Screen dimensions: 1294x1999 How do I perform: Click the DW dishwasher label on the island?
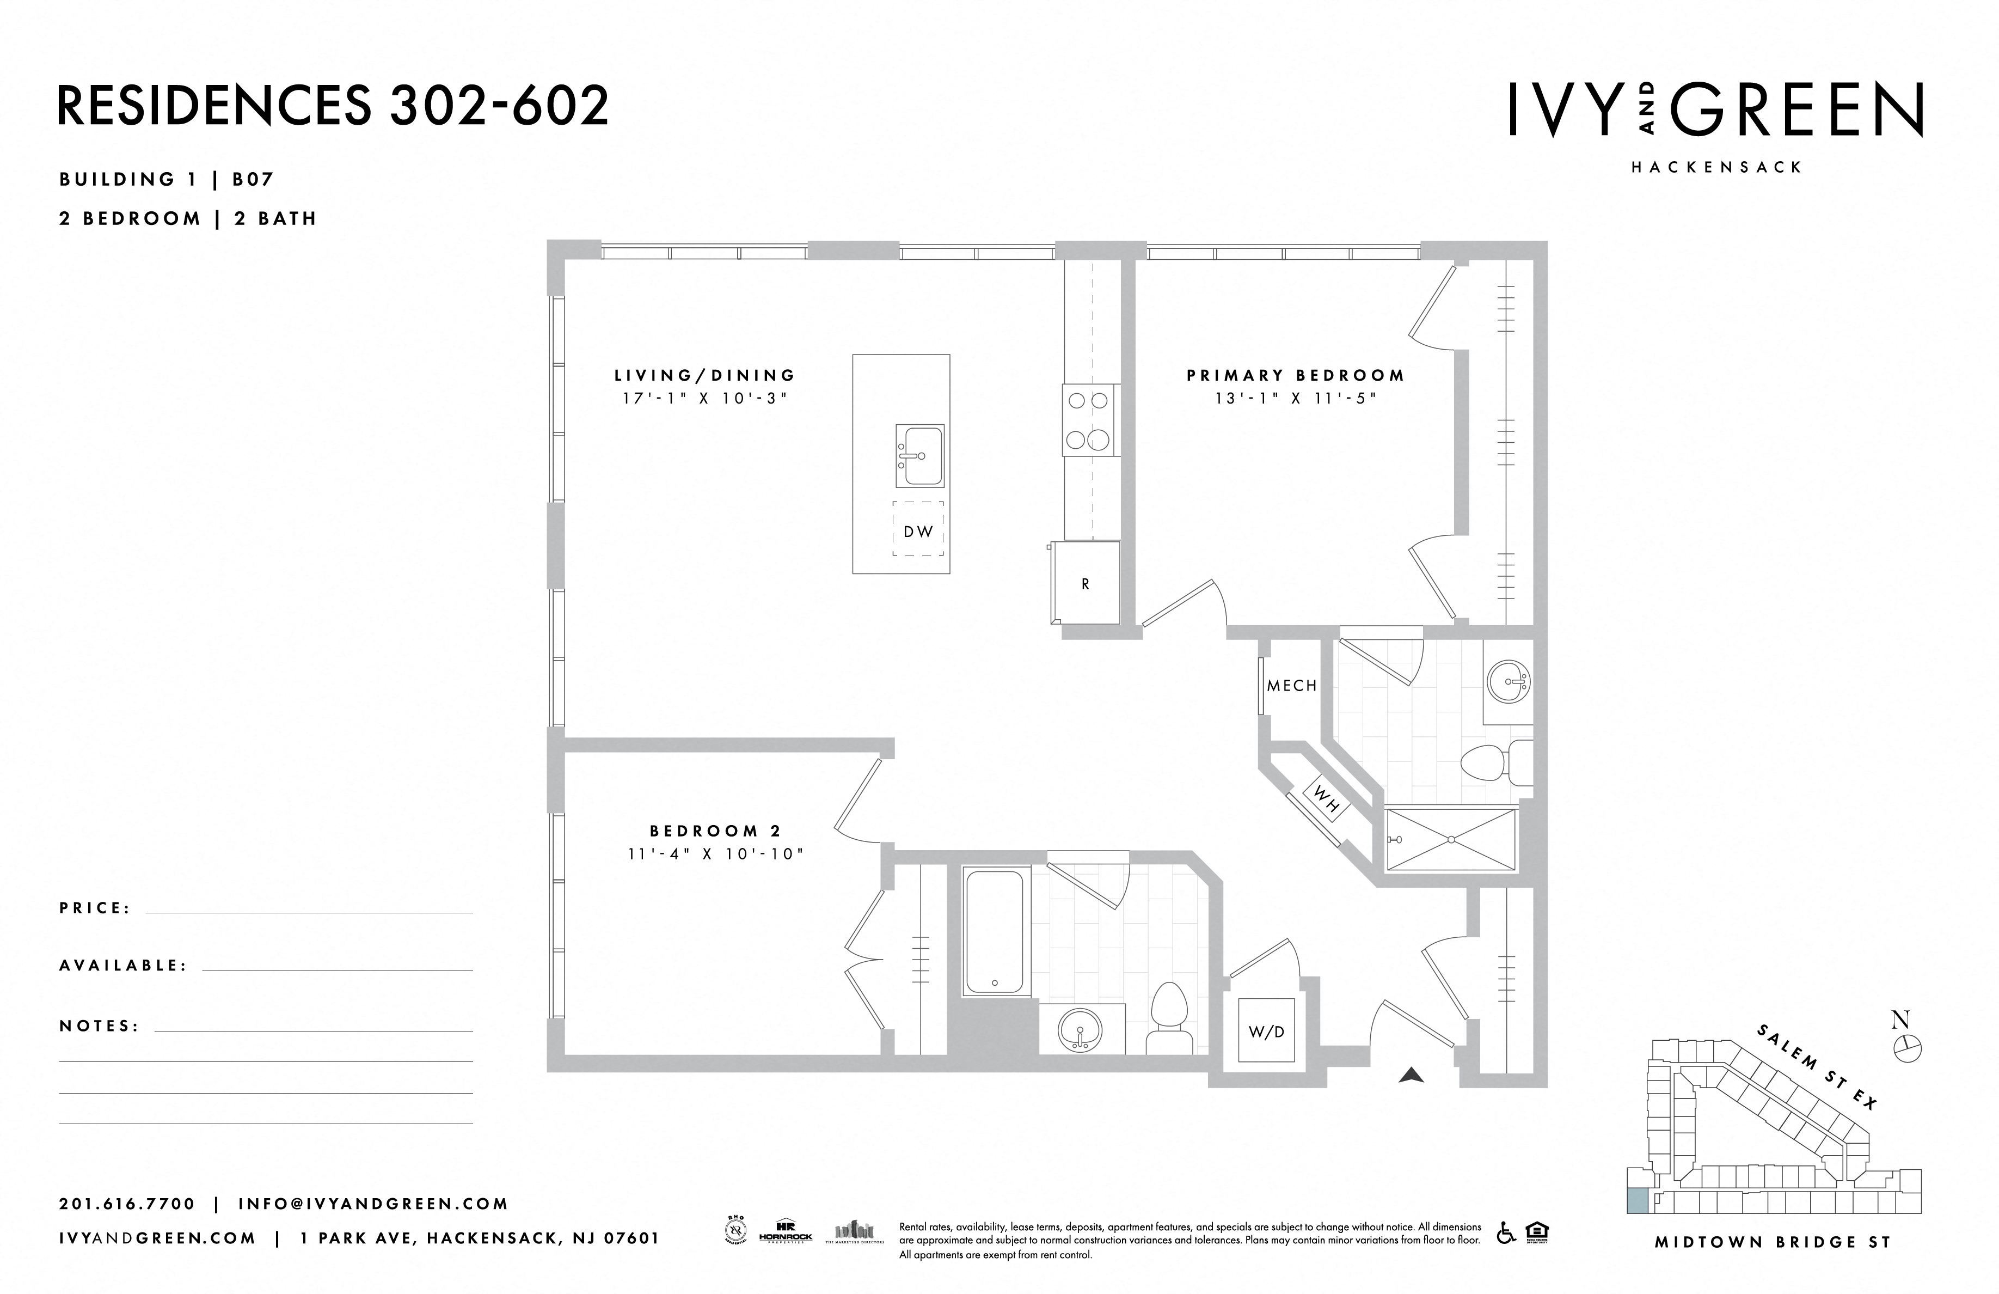pos(918,531)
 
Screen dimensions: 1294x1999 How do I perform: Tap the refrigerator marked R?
pos(1085,583)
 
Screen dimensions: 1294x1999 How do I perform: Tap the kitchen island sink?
pos(919,455)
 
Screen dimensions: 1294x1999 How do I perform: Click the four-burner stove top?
pos(1090,420)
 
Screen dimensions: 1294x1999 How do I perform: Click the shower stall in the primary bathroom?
pos(1451,839)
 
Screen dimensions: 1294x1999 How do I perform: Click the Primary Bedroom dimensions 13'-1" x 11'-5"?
pos(1295,398)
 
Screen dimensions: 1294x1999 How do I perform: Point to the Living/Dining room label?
pos(704,376)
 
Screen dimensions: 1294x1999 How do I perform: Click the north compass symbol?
pos(1908,1047)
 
